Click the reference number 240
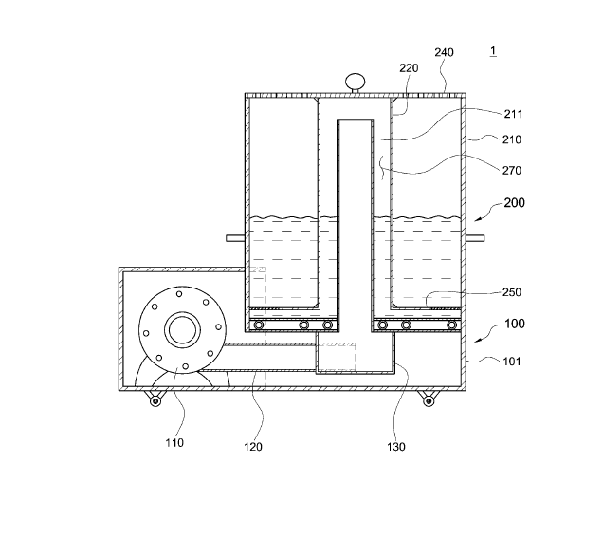coord(444,52)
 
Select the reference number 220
coord(409,68)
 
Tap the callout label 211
coord(513,114)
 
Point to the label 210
coord(512,139)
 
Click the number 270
coord(512,170)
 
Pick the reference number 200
coord(515,202)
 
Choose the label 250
coord(512,292)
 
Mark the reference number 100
coord(515,324)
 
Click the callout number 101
coord(512,362)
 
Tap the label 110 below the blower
coord(174,443)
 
